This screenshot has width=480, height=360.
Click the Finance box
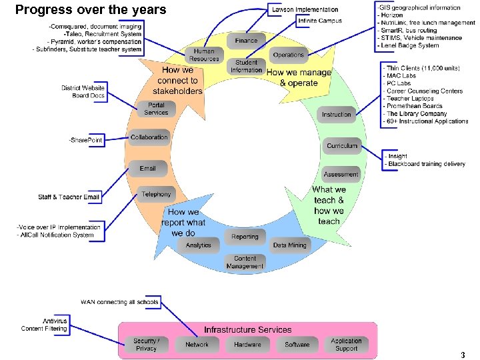coord(246,40)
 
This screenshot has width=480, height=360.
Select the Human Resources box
coord(204,55)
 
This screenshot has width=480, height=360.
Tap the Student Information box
coord(246,66)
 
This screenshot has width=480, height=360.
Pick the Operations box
coord(288,55)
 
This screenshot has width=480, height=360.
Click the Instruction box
coord(336,114)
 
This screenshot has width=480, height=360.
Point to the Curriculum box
coord(341,145)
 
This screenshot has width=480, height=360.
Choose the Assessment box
coord(341,174)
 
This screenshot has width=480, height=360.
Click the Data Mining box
coord(289,245)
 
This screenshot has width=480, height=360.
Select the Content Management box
coord(245,262)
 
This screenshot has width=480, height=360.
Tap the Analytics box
coord(198,245)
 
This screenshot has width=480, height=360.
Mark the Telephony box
coord(156,195)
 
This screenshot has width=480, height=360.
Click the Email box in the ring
coord(148,168)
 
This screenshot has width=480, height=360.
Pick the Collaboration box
coord(149,137)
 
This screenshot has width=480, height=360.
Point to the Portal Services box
coord(156,109)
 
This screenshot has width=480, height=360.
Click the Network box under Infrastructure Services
coord(197,344)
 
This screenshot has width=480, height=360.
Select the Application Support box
coord(346,344)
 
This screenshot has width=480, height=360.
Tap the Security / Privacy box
coord(146,344)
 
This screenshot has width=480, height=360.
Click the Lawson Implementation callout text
coord(305,9)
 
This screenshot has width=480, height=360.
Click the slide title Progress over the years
coord(91,9)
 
